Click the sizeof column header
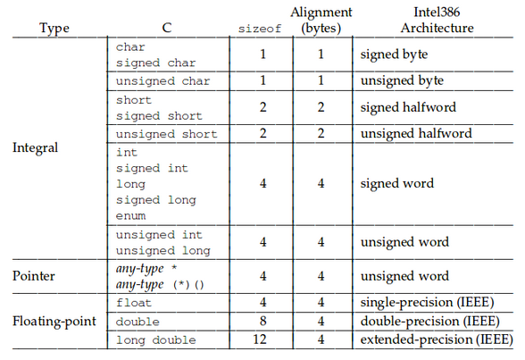pyautogui.click(x=260, y=29)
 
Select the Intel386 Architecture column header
pyautogui.click(x=437, y=20)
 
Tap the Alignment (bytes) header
pyautogui.click(x=321, y=20)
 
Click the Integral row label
pyautogui.click(x=35, y=147)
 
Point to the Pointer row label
pyautogui.click(x=34, y=276)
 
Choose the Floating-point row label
pyautogui.click(x=54, y=322)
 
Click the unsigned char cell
pyautogui.click(x=162, y=81)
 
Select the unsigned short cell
pyautogui.click(x=166, y=134)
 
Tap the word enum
pyautogui.click(x=130, y=215)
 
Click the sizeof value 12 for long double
pyautogui.click(x=260, y=339)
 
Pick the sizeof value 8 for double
pyautogui.click(x=262, y=321)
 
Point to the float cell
pyautogui.click(x=134, y=303)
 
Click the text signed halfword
pyautogui.click(x=408, y=107)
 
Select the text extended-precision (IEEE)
pyautogui.click(x=437, y=339)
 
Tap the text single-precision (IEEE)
pyautogui.click(x=427, y=303)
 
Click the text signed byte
pyautogui.click(x=394, y=54)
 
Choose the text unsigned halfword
pyautogui.click(x=416, y=134)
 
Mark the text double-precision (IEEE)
pyautogui.click(x=430, y=322)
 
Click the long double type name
pyautogui.click(x=155, y=340)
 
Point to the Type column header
pyautogui.click(x=54, y=28)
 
